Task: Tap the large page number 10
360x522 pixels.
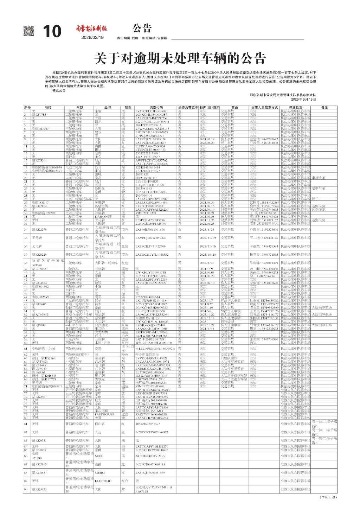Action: pos(52,32)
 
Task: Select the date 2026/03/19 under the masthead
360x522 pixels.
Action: pos(92,38)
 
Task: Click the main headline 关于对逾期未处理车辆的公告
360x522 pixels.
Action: pos(180,58)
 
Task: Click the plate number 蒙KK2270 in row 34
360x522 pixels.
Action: pos(39,230)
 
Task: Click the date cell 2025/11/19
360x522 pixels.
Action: pos(207,238)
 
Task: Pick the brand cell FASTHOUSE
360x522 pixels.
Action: pos(104,414)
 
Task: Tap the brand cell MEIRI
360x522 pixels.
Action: pos(100,473)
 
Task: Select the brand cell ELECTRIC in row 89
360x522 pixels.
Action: pos(103,481)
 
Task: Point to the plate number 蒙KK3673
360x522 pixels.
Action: pos(39,489)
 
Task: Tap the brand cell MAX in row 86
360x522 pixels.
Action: pos(99,456)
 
